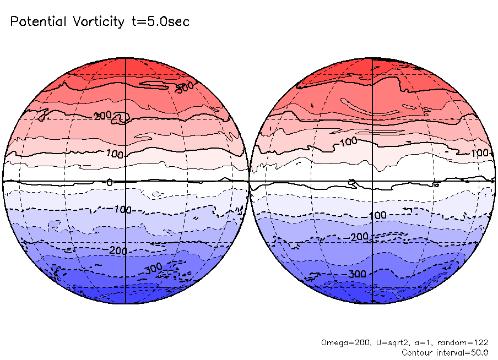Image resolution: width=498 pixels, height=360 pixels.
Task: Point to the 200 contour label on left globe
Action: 103,116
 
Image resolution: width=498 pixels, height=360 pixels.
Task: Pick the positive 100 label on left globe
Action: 115,155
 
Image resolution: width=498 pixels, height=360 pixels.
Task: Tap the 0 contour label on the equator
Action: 109,182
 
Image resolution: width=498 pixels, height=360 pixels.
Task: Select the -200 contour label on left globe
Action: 116,251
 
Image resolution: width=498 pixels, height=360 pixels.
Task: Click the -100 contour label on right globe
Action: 376,215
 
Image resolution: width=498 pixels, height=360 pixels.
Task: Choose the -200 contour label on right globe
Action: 358,237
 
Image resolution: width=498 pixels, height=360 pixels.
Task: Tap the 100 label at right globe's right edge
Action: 480,153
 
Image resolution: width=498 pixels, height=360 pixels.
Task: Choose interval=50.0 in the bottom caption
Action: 463,352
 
